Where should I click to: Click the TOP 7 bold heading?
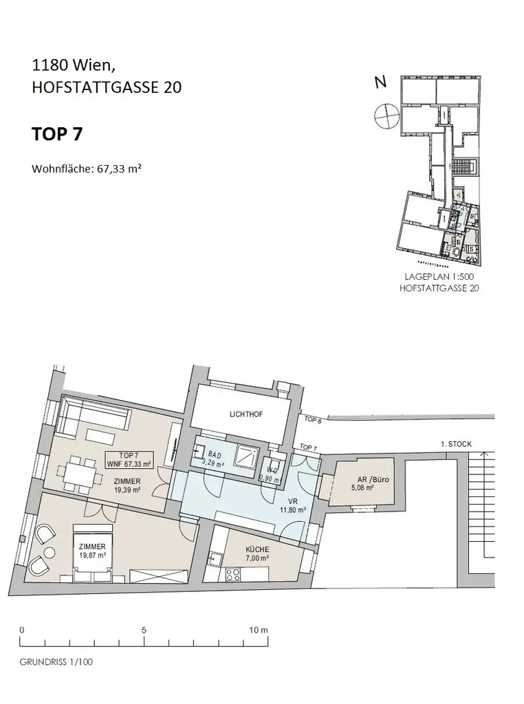point(57,134)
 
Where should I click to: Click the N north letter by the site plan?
point(380,82)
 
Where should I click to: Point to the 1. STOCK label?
point(456,444)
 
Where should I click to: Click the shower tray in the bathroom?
point(245,454)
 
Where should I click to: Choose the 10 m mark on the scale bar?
point(258,629)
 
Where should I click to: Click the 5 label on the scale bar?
point(143,629)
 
